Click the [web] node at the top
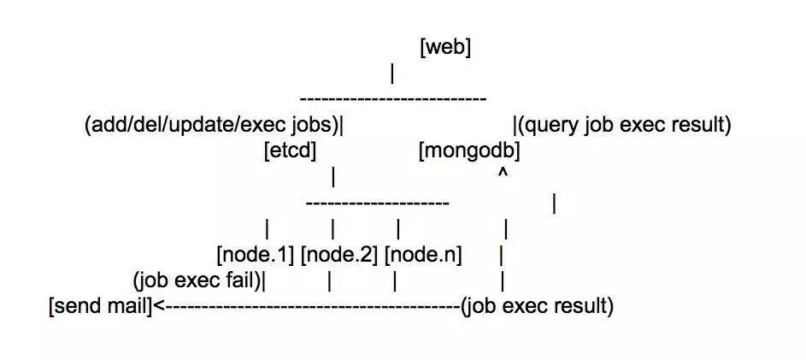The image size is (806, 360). tap(445, 48)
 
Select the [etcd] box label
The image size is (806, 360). tap(291, 151)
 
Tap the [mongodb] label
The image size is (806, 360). tap(470, 151)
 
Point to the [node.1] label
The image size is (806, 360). tap(256, 255)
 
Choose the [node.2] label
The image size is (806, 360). tap(339, 255)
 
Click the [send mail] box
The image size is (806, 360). tap(100, 306)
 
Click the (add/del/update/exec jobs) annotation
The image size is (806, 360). tap(211, 126)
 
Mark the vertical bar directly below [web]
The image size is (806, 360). tap(391, 74)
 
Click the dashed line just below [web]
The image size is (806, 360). tap(395, 99)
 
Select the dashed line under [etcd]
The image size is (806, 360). tap(377, 203)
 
